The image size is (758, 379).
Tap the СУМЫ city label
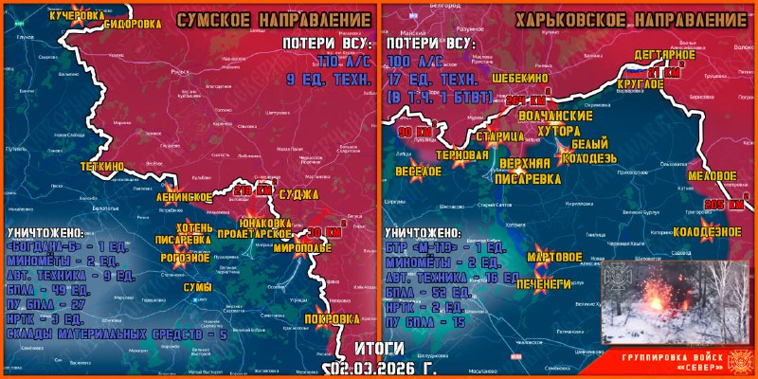197,286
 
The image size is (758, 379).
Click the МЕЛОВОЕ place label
712,176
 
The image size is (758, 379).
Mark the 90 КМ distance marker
415,131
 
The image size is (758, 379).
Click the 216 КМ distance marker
253,191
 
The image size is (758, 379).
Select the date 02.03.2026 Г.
380,367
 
